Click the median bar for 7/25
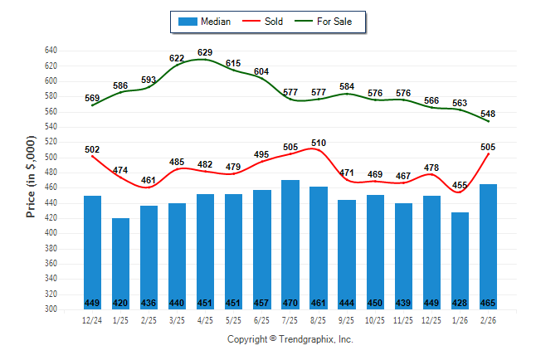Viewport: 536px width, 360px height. pos(290,245)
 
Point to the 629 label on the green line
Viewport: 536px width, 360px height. pos(206,52)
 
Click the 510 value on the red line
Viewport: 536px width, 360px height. pos(319,143)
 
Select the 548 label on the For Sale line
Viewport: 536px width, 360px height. pos(488,113)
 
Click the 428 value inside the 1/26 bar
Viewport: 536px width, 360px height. pos(460,303)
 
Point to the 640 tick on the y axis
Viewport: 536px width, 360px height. pos(51,51)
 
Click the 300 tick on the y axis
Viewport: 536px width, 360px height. pos(51,309)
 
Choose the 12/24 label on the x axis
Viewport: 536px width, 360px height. pos(92,320)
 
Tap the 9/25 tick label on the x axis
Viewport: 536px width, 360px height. pos(347,320)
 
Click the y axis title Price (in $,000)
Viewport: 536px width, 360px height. pos(31,180)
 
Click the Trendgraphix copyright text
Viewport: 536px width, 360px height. pos(290,339)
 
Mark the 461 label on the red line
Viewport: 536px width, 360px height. pos(149,180)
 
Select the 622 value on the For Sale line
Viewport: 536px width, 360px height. pos(177,58)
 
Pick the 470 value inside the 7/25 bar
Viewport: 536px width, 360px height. pos(290,303)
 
